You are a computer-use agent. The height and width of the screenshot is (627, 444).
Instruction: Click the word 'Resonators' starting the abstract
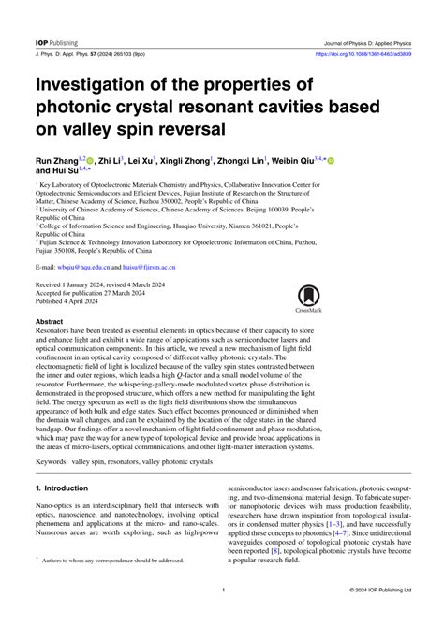tap(55, 331)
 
